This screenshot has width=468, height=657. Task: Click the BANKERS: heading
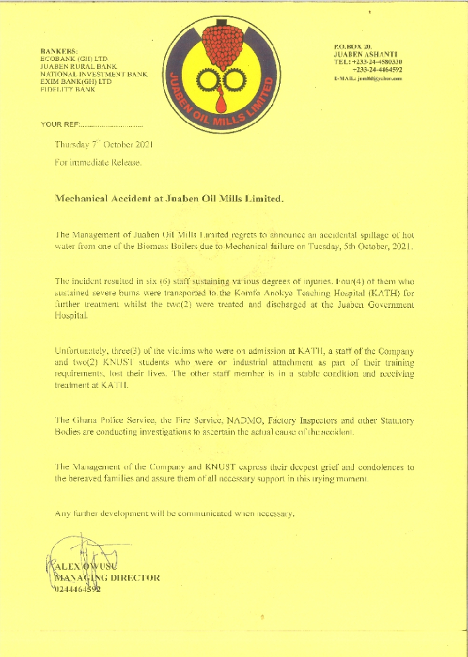click(60, 51)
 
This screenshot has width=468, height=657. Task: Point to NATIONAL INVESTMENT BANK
click(94, 74)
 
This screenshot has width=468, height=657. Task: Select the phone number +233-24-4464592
click(377, 69)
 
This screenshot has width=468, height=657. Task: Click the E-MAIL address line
click(368, 79)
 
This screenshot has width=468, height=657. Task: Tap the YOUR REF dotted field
click(111, 125)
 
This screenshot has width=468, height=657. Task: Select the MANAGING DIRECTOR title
click(107, 578)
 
